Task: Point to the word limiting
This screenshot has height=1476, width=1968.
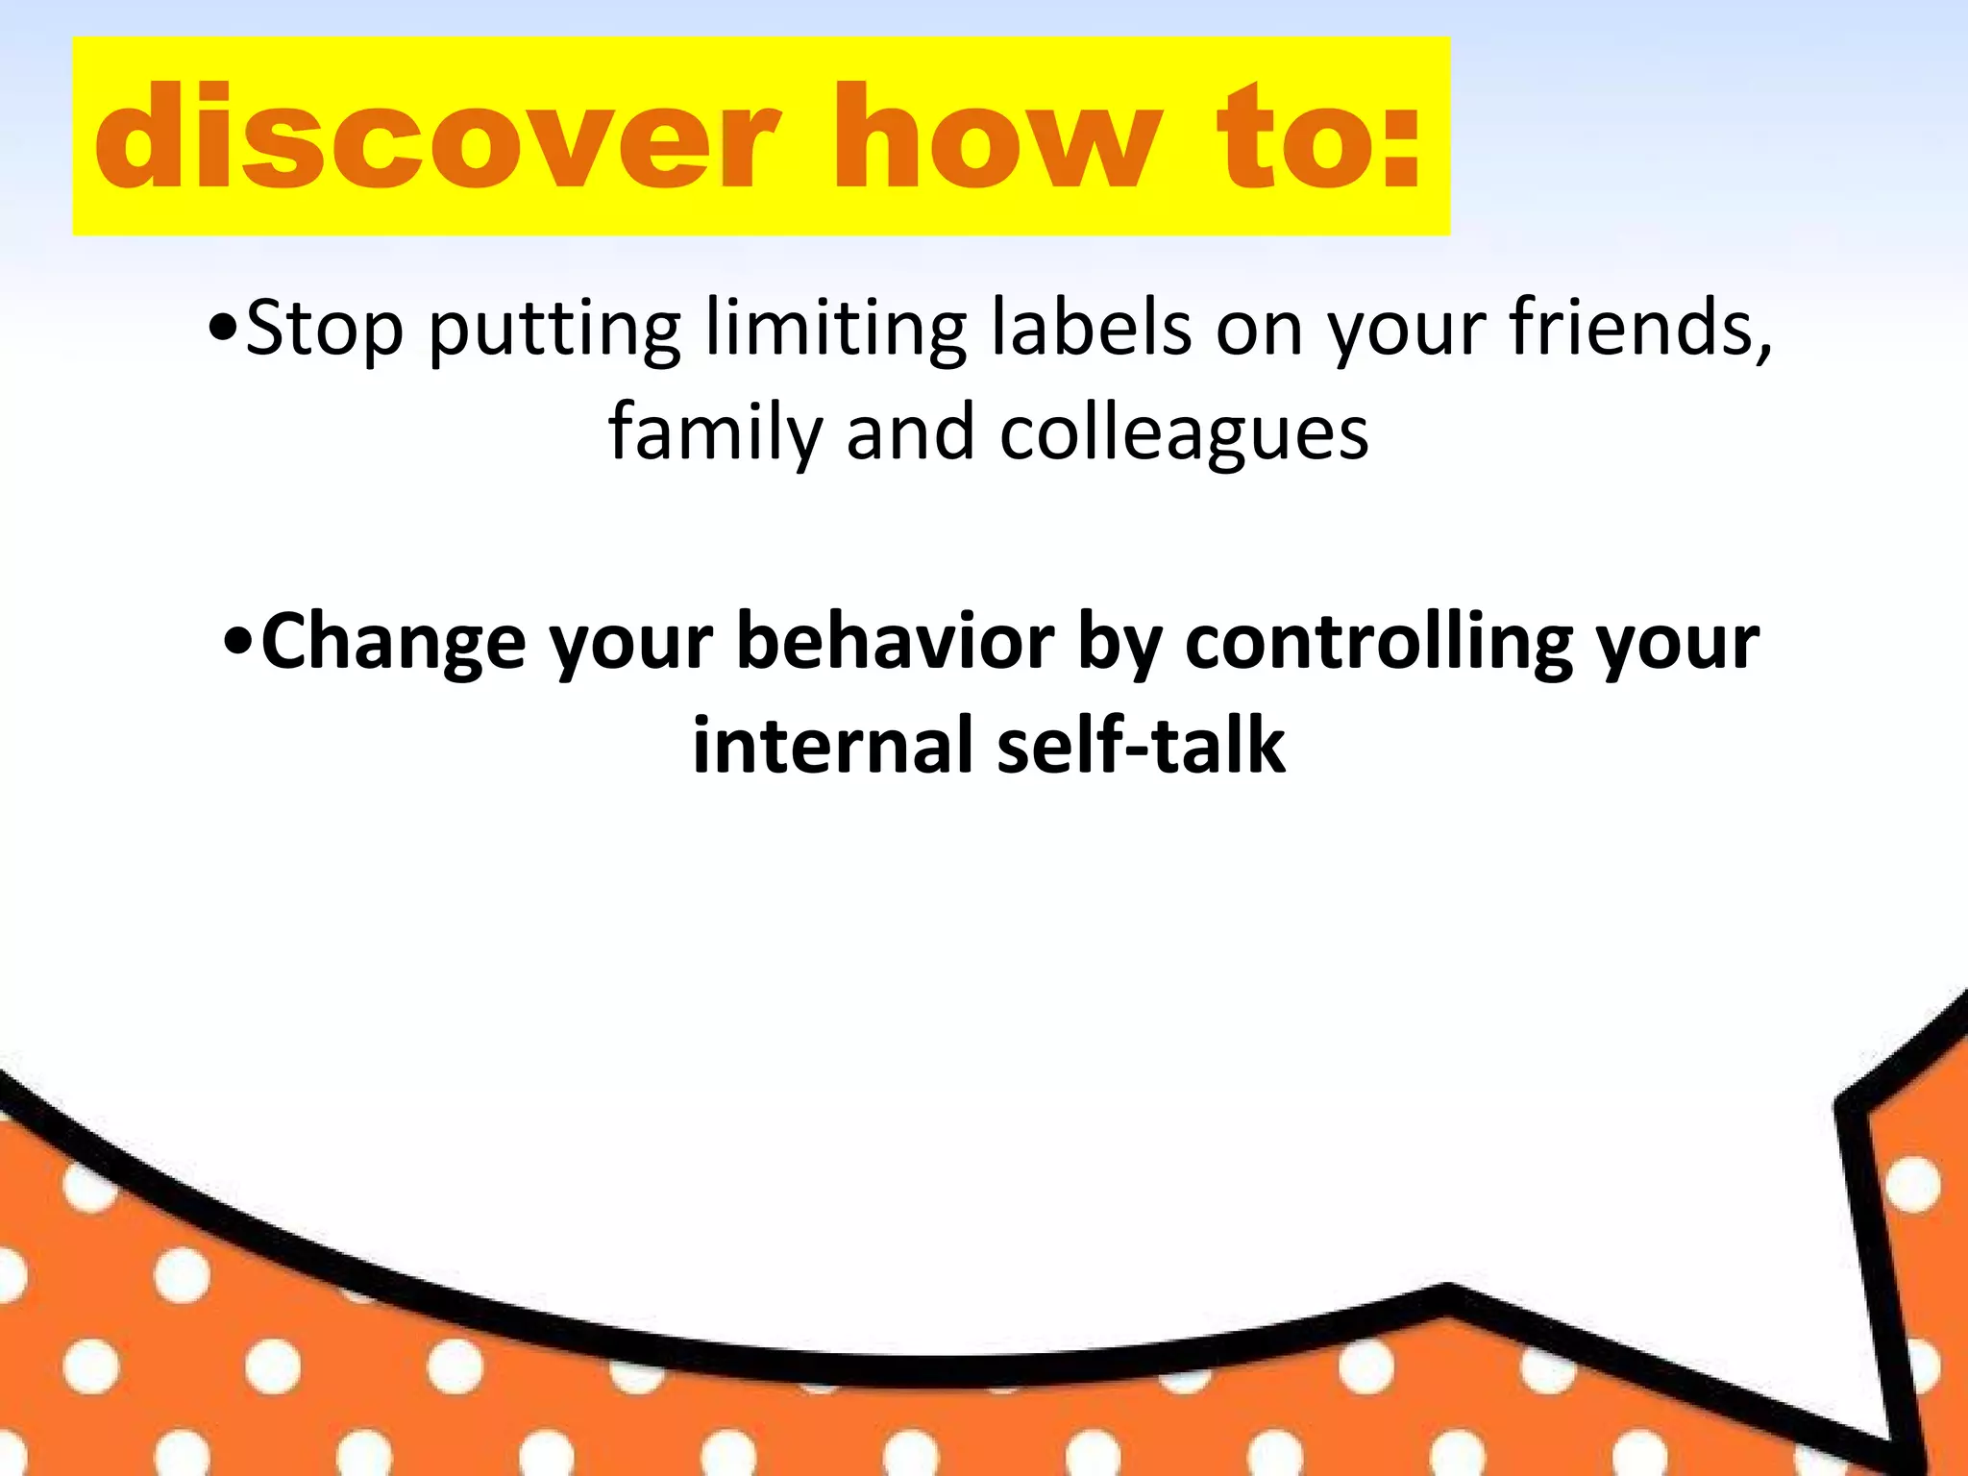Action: tap(835, 329)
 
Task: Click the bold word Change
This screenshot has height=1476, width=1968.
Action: tap(393, 642)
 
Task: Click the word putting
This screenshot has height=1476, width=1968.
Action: tap(554, 329)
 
